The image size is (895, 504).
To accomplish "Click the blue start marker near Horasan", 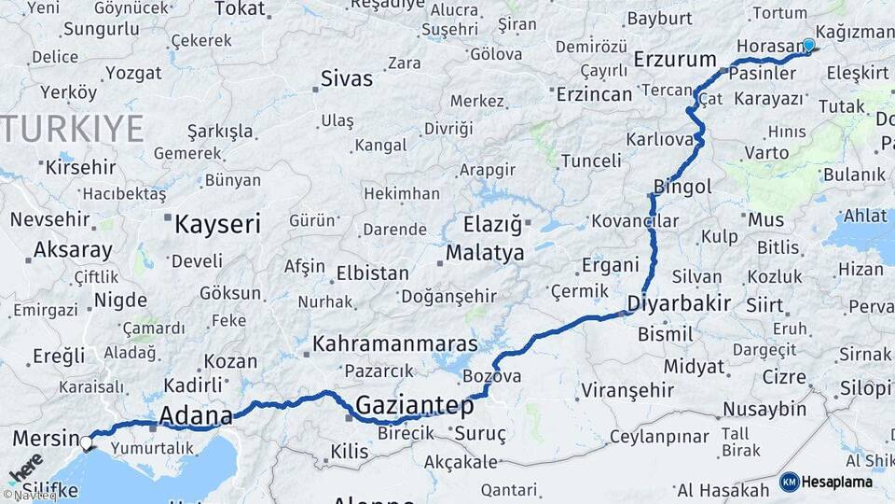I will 808,45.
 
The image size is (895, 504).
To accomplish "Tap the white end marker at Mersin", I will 87,442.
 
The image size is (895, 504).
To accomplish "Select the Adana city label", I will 196,415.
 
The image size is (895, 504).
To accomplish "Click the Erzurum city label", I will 674,60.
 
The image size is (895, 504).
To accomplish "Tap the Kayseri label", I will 218,223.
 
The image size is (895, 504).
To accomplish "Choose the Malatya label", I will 485,252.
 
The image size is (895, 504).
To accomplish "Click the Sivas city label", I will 347,78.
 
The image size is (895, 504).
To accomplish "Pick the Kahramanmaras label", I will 395,343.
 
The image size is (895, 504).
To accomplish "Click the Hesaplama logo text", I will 836,482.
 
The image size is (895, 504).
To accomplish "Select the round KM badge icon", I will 790,482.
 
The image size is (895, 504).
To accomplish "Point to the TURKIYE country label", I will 73,129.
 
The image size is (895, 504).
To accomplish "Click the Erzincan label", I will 594,94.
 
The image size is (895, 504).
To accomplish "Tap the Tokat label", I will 240,8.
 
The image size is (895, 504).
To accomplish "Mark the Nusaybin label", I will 764,408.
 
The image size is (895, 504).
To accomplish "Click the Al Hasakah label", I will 723,490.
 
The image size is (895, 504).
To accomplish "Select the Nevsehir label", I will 50,219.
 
